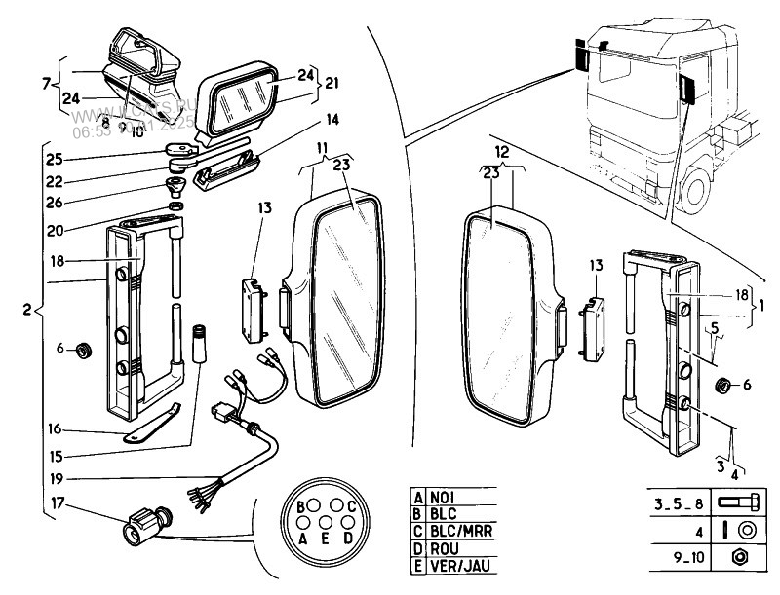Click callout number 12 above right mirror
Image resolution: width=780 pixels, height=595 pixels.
point(503,153)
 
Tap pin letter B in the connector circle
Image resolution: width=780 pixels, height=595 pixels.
point(302,506)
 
